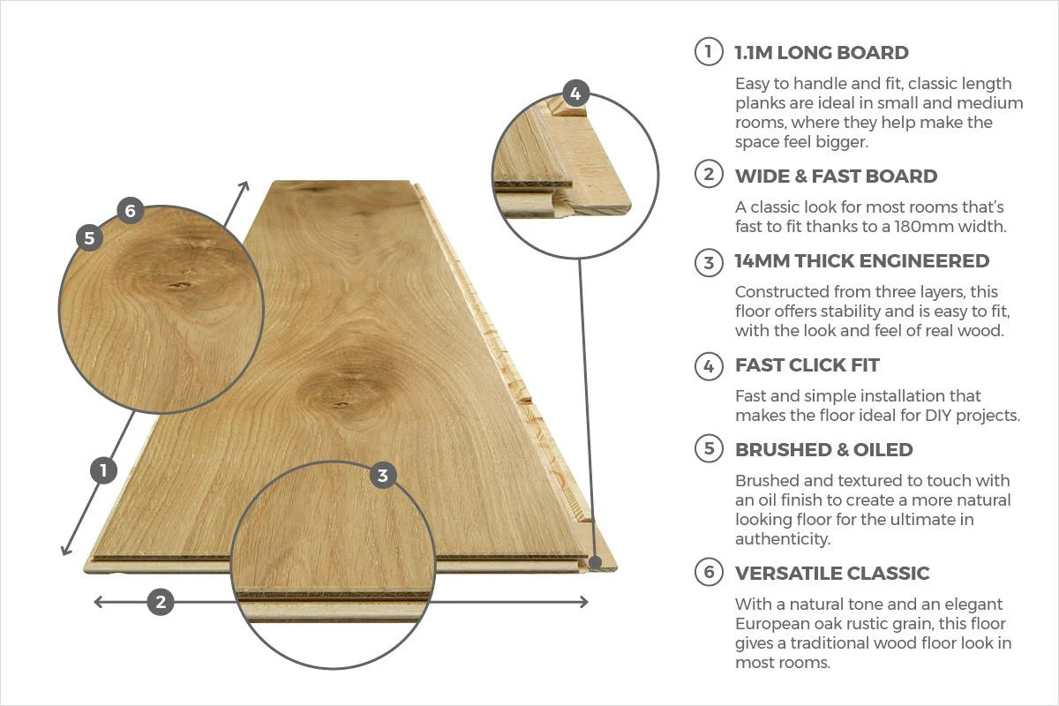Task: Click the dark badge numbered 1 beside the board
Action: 103,470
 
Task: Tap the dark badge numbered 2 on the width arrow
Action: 160,603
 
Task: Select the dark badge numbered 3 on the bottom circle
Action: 381,476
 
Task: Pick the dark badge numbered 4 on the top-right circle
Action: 575,94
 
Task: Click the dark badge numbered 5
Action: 88,237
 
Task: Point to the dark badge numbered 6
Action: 130,210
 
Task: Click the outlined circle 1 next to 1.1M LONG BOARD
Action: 708,51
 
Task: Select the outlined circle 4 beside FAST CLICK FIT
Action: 708,365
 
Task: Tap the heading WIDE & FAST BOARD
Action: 836,176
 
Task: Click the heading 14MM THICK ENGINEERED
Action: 861,260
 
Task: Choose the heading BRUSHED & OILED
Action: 823,449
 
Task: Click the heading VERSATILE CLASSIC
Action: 831,573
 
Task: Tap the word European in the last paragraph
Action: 772,624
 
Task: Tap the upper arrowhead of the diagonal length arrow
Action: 246,184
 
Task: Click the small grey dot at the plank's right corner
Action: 597,561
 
